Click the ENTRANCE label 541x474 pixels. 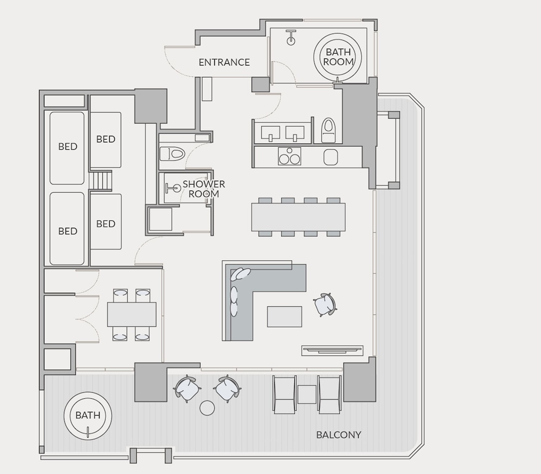coord(225,62)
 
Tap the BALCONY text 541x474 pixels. coord(339,435)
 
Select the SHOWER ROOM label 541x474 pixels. coord(203,189)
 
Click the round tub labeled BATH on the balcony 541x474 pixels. coord(88,416)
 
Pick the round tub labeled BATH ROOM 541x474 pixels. coord(338,57)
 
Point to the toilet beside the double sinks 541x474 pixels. coord(328,130)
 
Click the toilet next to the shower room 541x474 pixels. coord(173,154)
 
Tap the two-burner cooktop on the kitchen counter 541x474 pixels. coord(289,156)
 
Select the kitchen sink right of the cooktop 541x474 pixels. coord(331,157)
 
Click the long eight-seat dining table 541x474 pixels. coord(298,217)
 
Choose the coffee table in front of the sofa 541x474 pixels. coord(285,317)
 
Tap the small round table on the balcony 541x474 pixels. coord(207,408)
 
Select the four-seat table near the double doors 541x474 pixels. coord(132,314)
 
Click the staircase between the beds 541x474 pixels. coord(101,180)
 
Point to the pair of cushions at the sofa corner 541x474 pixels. coord(241,274)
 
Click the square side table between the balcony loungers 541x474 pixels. coord(307,394)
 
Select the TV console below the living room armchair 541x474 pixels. coord(332,351)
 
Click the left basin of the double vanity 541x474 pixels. coord(270,133)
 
